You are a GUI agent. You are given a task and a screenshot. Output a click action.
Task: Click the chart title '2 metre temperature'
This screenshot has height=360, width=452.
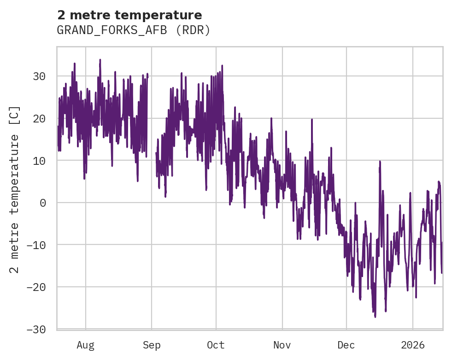click(x=129, y=15)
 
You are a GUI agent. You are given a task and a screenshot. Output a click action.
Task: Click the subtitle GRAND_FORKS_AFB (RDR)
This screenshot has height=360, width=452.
click(x=134, y=30)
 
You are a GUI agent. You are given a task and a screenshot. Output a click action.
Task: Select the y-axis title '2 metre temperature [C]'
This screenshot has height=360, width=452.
click(x=15, y=189)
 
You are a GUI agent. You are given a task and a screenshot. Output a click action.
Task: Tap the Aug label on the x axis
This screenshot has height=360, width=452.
click(x=85, y=345)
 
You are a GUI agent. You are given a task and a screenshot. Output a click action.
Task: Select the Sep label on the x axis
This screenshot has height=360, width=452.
click(x=152, y=345)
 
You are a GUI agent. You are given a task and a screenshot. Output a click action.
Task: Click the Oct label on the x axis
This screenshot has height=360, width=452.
click(x=216, y=345)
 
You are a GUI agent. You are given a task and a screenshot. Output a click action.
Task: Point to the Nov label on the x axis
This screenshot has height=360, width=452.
click(x=282, y=345)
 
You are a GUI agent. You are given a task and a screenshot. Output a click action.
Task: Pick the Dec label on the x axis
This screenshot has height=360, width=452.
click(x=346, y=345)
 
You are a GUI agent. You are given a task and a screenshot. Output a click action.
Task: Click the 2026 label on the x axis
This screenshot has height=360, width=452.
click(x=412, y=345)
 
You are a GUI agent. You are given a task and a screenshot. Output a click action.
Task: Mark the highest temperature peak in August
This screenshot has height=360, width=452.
click(x=100, y=60)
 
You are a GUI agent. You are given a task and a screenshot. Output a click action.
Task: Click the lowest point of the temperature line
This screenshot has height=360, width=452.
click(x=375, y=317)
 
